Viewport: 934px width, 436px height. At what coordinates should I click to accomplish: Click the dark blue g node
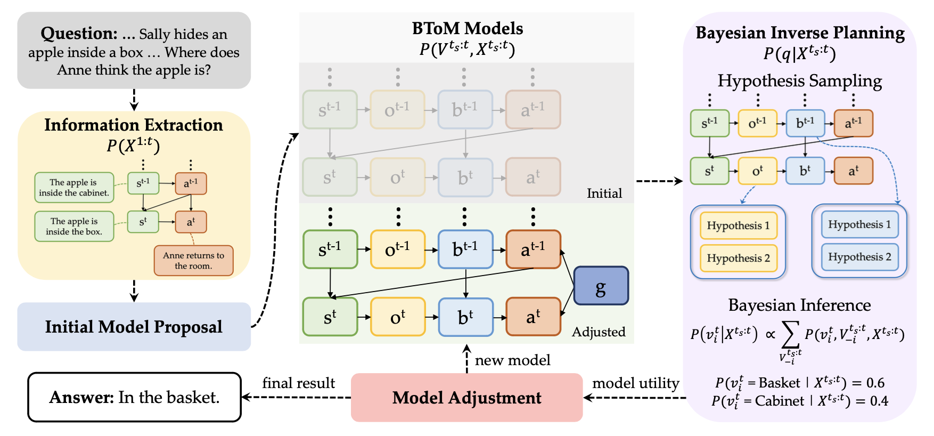(601, 286)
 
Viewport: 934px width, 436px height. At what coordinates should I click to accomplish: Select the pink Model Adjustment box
(466, 398)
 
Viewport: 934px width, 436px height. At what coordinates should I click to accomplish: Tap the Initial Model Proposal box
(134, 327)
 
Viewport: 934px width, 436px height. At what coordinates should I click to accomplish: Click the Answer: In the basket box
(134, 397)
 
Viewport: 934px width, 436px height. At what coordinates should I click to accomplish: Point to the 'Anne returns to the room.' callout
(193, 261)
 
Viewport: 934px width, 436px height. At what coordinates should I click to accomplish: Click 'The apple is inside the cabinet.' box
(74, 188)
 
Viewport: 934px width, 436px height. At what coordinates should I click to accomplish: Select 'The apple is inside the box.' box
(74, 227)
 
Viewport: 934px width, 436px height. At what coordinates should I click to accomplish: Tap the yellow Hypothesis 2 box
(738, 258)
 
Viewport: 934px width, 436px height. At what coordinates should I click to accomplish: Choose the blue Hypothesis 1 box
(859, 224)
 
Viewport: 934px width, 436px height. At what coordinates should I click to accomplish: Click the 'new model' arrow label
(512, 360)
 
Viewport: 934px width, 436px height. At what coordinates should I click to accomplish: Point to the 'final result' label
(298, 383)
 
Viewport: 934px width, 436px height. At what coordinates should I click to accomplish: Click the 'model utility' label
(635, 383)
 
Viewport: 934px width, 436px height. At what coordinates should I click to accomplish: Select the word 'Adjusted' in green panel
(598, 332)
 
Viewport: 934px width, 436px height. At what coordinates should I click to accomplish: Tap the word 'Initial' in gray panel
(604, 193)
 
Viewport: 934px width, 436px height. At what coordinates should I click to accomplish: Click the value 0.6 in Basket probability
(875, 383)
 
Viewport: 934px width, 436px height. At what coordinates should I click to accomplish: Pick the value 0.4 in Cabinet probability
(879, 401)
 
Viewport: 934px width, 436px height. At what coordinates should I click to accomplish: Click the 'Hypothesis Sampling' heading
(799, 81)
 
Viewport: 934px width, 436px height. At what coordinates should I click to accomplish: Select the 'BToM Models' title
(467, 28)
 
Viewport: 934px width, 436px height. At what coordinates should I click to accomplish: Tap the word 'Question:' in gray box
(79, 34)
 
